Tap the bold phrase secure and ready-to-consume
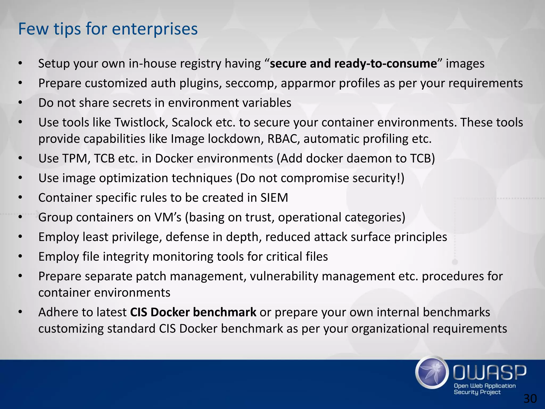(x=353, y=64)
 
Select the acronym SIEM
(x=274, y=198)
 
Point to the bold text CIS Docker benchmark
(x=193, y=312)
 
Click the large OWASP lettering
(x=489, y=373)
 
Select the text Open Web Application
(x=485, y=386)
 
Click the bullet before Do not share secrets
(x=20, y=103)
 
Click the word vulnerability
(x=284, y=276)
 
